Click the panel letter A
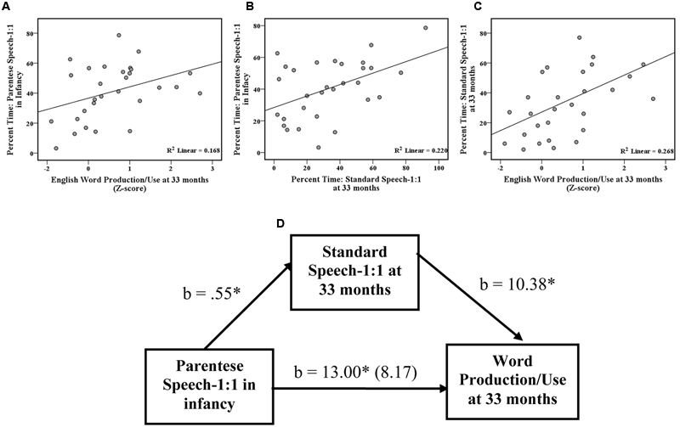click(x=7, y=8)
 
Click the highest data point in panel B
click(x=425, y=28)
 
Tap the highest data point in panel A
click(x=119, y=36)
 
